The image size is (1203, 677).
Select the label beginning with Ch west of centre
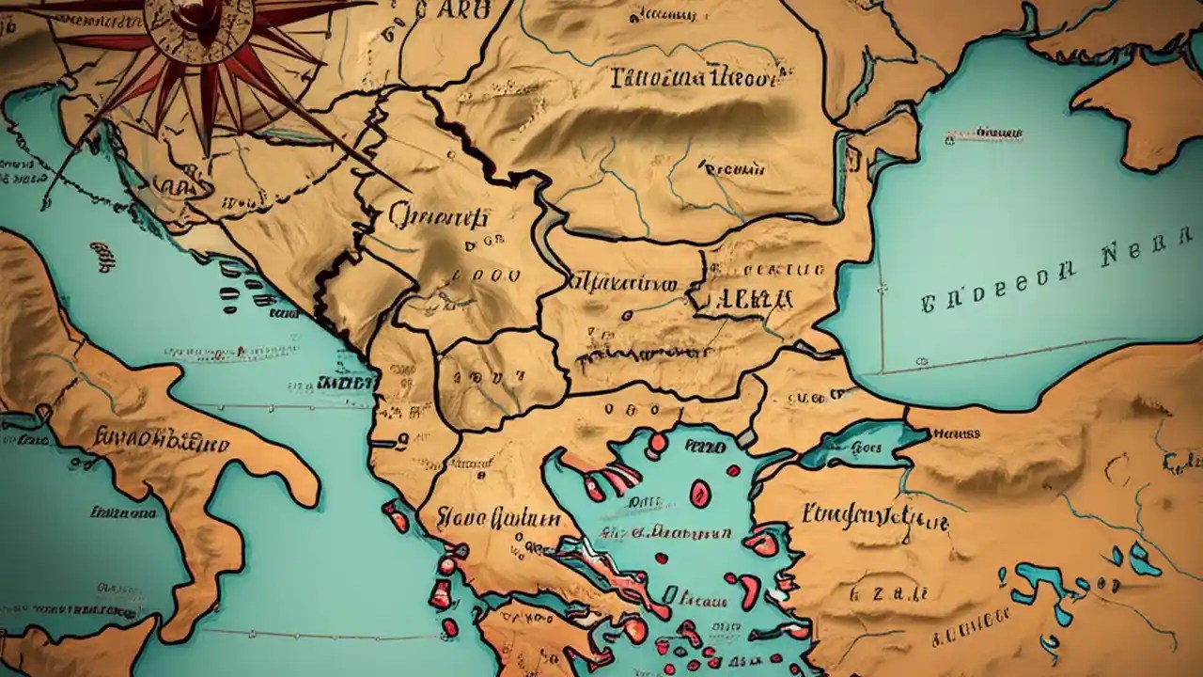click(437, 218)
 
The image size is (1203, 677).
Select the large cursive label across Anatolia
click(874, 516)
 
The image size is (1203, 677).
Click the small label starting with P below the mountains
click(728, 169)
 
